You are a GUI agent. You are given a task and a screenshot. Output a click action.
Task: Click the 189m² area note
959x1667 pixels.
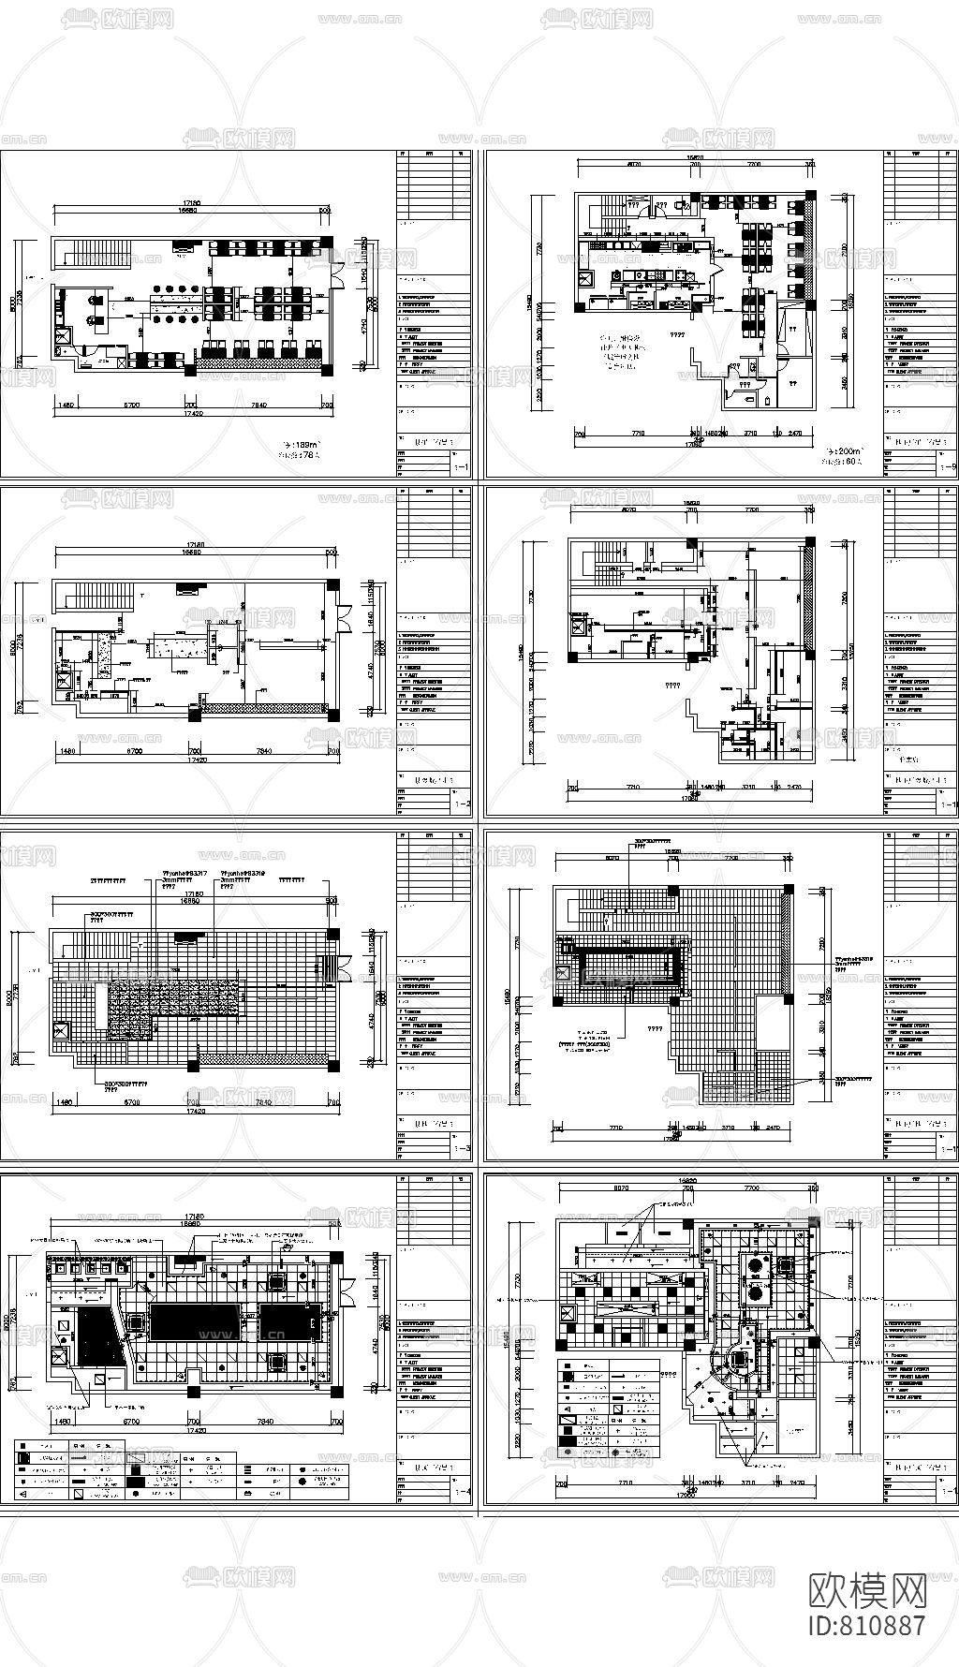pyautogui.click(x=302, y=445)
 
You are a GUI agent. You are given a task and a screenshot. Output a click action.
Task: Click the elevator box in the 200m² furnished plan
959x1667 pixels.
pyautogui.click(x=587, y=278)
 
